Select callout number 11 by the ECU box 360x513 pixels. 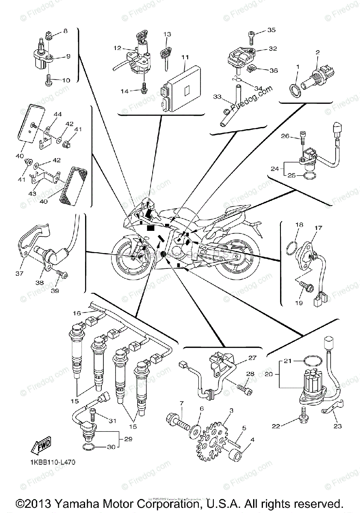pyautogui.click(x=185, y=56)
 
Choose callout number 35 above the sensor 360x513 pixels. pyautogui.click(x=271, y=30)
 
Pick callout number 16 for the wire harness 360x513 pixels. pyautogui.click(x=77, y=313)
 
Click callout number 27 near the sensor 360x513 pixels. pyautogui.click(x=252, y=358)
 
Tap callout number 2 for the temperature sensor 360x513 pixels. pyautogui.click(x=318, y=53)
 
